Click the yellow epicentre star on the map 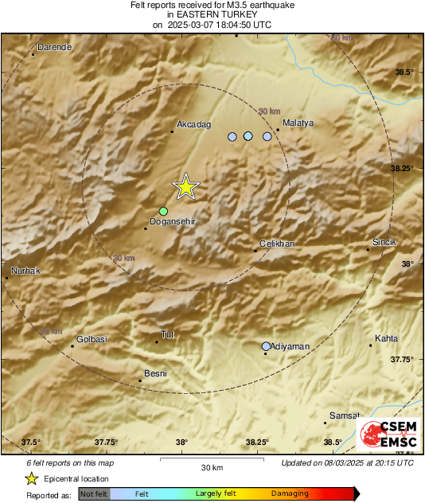pyautogui.click(x=185, y=187)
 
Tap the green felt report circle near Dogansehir pyautogui.click(x=163, y=211)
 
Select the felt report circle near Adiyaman pyautogui.click(x=266, y=346)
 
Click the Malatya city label pyautogui.click(x=298, y=123)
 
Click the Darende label pyautogui.click(x=53, y=48)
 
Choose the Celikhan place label pyautogui.click(x=278, y=244)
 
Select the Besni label pyautogui.click(x=154, y=372)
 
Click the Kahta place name pyautogui.click(x=386, y=339)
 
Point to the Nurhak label pyautogui.click(x=25, y=271)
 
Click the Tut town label pyautogui.click(x=167, y=335)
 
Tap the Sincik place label pyautogui.click(x=384, y=242)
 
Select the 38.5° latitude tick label pyautogui.click(x=405, y=72)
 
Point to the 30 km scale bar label pyautogui.click(x=211, y=467)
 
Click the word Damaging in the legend pyautogui.click(x=290, y=493)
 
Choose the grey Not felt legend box pyautogui.click(x=94, y=493)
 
